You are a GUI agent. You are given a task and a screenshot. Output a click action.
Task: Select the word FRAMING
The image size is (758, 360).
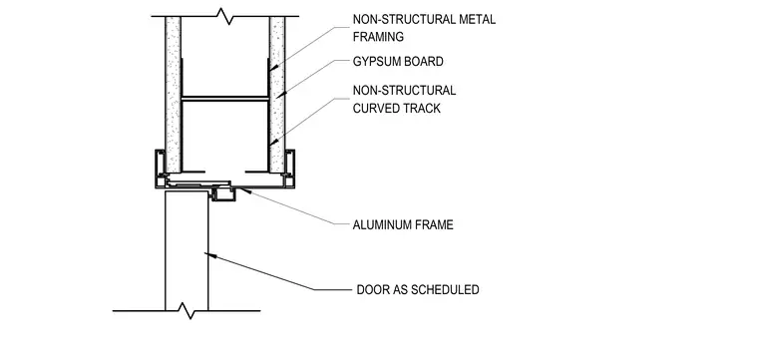pyautogui.click(x=378, y=37)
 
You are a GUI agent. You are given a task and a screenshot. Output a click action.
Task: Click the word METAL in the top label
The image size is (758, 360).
pyautogui.click(x=477, y=20)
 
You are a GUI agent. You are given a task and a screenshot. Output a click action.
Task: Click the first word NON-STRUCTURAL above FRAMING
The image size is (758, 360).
pyautogui.click(x=404, y=20)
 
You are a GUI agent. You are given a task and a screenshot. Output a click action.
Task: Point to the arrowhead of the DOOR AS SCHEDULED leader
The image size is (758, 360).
pyautogui.click(x=208, y=253)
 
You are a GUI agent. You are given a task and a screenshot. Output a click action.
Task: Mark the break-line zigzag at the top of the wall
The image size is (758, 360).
pyautogui.click(x=225, y=17)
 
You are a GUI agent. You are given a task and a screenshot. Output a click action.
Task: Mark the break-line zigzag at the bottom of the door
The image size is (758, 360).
pyautogui.click(x=187, y=311)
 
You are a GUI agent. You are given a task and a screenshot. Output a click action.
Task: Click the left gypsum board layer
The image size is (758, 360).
pyautogui.click(x=174, y=95)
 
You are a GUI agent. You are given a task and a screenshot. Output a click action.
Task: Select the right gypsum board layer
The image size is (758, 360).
pyautogui.click(x=277, y=95)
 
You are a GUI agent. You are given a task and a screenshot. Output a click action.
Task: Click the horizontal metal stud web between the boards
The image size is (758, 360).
pyautogui.click(x=225, y=99)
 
